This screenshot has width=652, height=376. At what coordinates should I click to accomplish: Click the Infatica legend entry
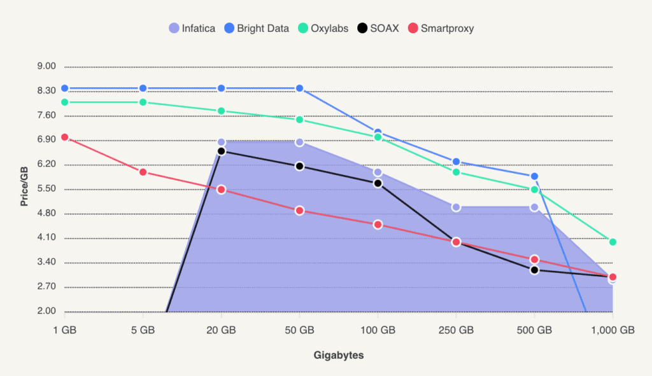click(x=192, y=28)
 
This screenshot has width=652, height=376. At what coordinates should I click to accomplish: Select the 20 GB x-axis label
click(x=222, y=330)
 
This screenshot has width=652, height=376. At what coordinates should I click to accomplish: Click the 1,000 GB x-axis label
click(x=613, y=330)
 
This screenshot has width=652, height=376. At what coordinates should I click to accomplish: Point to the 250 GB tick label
click(x=456, y=330)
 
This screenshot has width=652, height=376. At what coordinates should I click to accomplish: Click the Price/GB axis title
click(x=24, y=188)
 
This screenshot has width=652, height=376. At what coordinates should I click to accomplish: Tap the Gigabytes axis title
click(x=339, y=355)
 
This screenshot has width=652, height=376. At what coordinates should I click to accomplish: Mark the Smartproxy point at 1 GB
click(x=64, y=137)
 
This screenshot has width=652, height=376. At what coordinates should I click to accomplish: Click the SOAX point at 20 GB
click(x=222, y=151)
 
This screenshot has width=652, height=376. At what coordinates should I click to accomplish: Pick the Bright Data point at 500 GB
click(x=534, y=176)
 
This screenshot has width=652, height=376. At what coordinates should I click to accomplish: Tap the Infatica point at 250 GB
click(x=456, y=207)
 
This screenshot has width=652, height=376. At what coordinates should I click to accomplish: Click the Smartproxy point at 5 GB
click(x=143, y=172)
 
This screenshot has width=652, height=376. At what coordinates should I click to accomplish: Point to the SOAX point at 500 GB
click(x=534, y=270)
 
